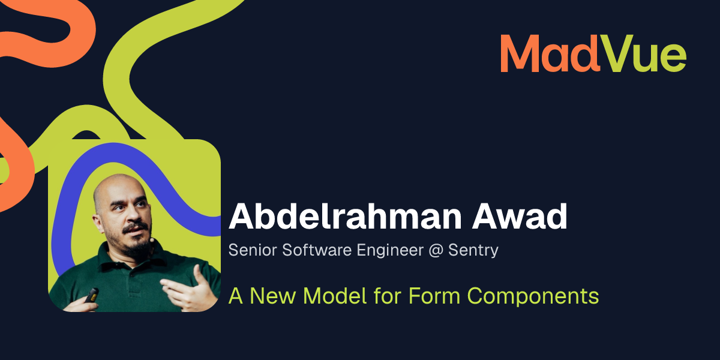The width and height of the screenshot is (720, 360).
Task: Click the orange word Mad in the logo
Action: click(550, 53)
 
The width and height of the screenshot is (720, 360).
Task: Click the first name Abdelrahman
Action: click(345, 216)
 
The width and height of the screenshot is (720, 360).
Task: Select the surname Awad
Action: click(520, 216)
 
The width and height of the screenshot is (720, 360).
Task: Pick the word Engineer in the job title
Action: click(390, 251)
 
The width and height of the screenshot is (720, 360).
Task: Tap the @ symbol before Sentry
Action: click(436, 251)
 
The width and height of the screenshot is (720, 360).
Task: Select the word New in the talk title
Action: click(272, 296)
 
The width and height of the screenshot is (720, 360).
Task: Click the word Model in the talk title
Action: click(335, 296)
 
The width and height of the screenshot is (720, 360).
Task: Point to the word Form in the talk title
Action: click(434, 296)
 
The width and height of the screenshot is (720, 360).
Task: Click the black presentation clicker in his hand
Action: click(92, 295)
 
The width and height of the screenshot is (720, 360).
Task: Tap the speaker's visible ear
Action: click(98, 223)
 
